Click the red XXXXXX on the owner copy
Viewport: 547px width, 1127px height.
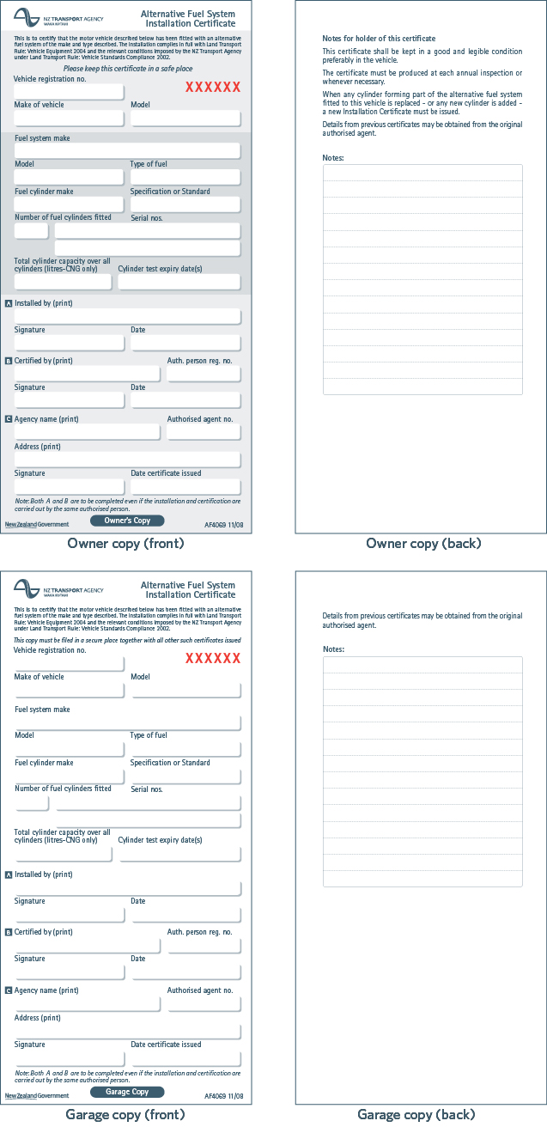[x=213, y=88]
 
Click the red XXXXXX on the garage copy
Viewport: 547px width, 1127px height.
[x=213, y=659]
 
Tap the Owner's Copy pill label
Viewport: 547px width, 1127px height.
[x=127, y=521]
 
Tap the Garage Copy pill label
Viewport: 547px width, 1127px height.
[x=127, y=1092]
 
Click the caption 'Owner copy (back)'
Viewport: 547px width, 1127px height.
[x=423, y=544]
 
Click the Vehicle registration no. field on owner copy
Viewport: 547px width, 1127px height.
[x=69, y=92]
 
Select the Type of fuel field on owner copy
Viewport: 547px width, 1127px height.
[x=185, y=177]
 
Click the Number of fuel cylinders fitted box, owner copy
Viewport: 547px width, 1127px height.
[x=31, y=230]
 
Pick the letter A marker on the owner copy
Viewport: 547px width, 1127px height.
[x=9, y=303]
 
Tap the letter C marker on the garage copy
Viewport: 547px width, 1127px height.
[x=9, y=990]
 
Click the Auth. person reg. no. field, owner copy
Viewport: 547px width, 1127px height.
[x=204, y=374]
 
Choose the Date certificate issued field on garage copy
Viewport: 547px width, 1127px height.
[x=185, y=1058]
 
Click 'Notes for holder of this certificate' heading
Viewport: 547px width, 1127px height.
[x=379, y=39]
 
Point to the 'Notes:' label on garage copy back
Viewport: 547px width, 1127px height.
[x=333, y=649]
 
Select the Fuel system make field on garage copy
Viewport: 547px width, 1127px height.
[x=127, y=722]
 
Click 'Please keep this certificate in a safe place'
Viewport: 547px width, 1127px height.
[x=128, y=68]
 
